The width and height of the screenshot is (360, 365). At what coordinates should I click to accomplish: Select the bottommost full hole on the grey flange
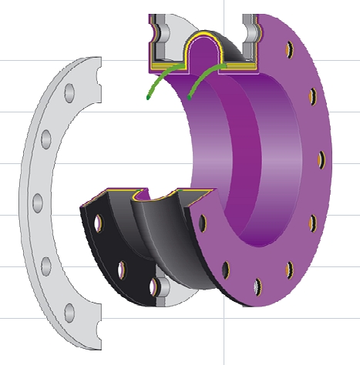click(x=68, y=312)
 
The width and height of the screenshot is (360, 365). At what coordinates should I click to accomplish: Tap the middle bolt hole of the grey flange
click(x=35, y=202)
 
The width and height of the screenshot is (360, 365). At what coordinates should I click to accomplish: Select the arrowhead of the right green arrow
click(x=189, y=96)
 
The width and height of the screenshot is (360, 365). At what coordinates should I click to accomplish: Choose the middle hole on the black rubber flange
click(x=121, y=270)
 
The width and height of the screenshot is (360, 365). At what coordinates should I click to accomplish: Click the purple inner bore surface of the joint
click(x=231, y=154)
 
